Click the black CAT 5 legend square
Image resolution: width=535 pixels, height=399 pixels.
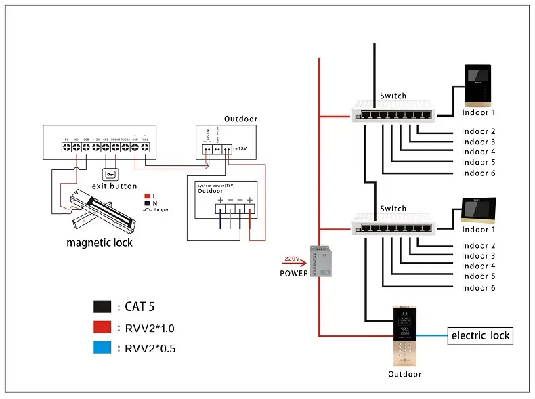click(x=102, y=307)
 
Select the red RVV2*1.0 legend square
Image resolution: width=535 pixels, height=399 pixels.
click(x=102, y=328)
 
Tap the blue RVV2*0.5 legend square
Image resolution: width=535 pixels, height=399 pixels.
click(x=102, y=349)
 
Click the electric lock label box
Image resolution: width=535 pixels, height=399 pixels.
click(x=480, y=335)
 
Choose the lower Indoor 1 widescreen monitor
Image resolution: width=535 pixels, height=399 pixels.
click(x=479, y=211)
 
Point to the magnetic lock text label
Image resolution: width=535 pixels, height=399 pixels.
click(x=100, y=243)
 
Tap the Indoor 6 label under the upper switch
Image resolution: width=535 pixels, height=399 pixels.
click(x=479, y=173)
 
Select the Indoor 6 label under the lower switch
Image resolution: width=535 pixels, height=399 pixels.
click(x=479, y=288)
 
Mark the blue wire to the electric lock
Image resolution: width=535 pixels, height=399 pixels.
click(x=431, y=335)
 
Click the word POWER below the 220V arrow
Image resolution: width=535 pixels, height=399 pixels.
click(x=294, y=274)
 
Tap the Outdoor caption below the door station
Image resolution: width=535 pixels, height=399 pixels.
click(x=404, y=374)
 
